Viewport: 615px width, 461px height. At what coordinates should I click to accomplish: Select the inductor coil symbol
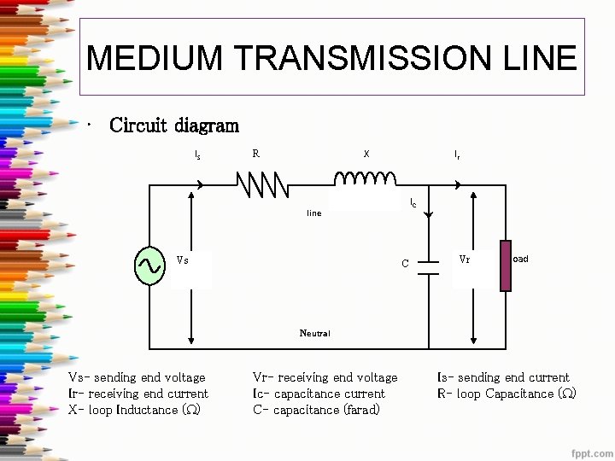pyautogui.click(x=365, y=178)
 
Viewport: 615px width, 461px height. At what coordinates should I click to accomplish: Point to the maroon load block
pyautogui.click(x=505, y=266)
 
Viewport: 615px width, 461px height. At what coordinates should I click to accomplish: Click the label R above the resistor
pyautogui.click(x=255, y=154)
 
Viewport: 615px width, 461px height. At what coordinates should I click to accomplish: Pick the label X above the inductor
pyautogui.click(x=366, y=155)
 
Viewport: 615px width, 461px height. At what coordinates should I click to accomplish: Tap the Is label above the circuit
pyautogui.click(x=198, y=155)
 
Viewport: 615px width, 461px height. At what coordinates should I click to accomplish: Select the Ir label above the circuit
pyautogui.click(x=457, y=155)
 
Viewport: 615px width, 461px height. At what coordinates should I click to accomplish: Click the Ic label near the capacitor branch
pyautogui.click(x=413, y=202)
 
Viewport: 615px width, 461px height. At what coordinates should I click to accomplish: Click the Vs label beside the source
pyautogui.click(x=182, y=260)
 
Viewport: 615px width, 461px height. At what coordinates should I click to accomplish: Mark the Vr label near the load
pyautogui.click(x=464, y=259)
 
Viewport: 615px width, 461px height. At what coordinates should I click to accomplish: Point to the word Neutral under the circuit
pyautogui.click(x=314, y=333)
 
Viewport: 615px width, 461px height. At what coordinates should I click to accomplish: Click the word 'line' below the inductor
pyautogui.click(x=314, y=213)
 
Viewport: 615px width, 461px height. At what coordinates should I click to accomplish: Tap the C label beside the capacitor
pyautogui.click(x=406, y=264)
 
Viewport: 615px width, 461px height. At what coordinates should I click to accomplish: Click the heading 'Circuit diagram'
pyautogui.click(x=174, y=125)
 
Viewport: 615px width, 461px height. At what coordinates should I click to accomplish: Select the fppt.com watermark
pyautogui.click(x=593, y=450)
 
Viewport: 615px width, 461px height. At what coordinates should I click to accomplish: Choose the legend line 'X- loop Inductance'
pyautogui.click(x=134, y=410)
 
